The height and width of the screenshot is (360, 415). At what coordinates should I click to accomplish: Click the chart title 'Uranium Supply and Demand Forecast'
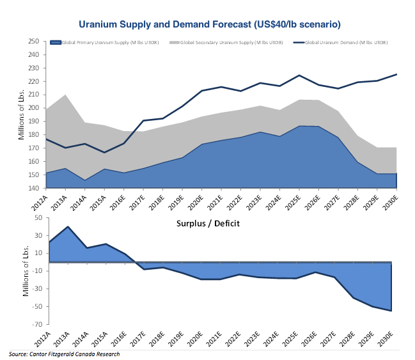pyautogui.click(x=209, y=24)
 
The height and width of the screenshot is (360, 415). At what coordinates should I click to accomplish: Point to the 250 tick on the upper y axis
pyautogui.click(x=35, y=41)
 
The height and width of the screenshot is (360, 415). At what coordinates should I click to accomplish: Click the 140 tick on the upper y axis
pyautogui.click(x=35, y=189)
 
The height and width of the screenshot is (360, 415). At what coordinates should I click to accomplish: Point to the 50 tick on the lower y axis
pyautogui.click(x=37, y=218)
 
